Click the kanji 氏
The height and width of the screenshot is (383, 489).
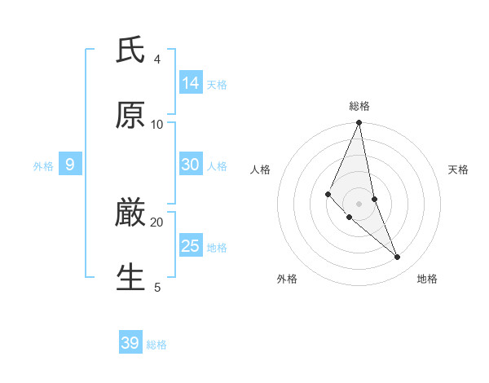130,51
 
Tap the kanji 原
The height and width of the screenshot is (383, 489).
130,116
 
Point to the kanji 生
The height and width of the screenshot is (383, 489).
130,278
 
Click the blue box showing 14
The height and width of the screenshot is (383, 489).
191,82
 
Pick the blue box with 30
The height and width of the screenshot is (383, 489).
191,165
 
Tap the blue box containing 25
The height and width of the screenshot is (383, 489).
191,246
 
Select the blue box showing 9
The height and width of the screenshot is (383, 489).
70,165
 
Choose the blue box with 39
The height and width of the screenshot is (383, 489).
130,343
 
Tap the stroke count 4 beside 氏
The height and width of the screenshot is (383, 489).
156,59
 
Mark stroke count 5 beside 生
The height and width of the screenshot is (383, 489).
156,287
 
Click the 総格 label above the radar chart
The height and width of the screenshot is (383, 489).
359,106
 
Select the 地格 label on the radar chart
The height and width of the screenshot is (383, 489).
427,279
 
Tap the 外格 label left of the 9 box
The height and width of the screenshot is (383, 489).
43,165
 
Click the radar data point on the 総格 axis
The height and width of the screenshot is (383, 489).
359,123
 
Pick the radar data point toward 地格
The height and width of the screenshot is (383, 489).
398,257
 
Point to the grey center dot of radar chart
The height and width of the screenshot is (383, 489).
359,203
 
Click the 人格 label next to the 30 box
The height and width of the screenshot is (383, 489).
217,165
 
